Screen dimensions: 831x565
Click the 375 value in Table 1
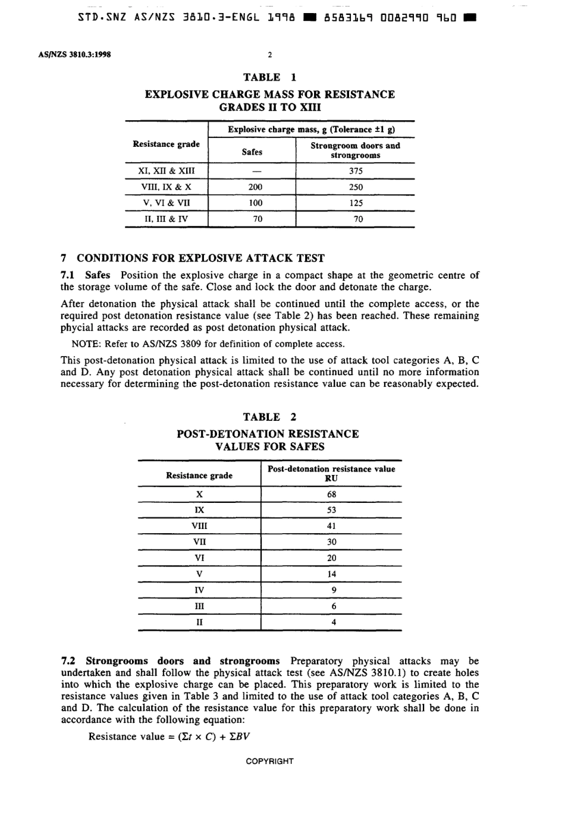point(356,171)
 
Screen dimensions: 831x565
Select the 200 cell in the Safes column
point(255,187)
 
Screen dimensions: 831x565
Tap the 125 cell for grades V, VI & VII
point(356,203)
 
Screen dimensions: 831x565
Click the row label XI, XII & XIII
point(166,171)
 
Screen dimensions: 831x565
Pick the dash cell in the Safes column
point(255,171)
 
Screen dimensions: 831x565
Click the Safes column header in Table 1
point(252,152)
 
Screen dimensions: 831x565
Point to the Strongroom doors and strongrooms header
point(355,150)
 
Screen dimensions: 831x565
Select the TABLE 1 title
point(269,77)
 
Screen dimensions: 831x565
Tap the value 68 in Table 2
point(332,495)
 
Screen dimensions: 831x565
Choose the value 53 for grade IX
point(332,510)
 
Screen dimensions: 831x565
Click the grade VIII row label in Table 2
point(199,526)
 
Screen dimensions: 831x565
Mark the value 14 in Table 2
point(332,574)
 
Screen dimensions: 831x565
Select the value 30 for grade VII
point(332,542)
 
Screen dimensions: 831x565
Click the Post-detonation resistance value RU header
point(331,474)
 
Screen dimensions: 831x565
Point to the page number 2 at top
point(269,55)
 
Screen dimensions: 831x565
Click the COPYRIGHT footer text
point(269,761)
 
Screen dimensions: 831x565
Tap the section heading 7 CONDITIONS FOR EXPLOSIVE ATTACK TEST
point(193,259)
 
